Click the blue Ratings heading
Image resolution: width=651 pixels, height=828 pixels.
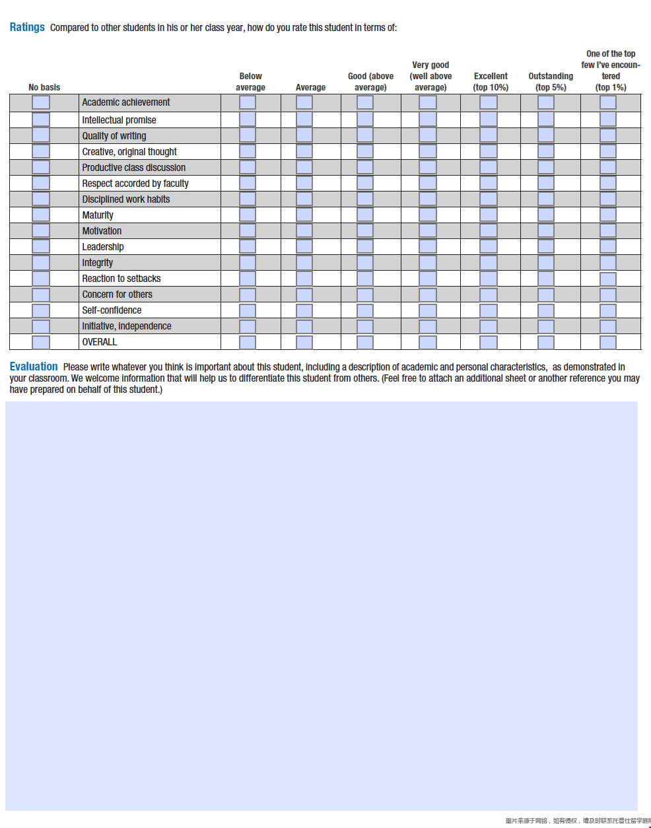(27, 27)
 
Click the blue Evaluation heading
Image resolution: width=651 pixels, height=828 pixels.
(34, 366)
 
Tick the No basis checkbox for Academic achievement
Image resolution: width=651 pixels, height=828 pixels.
(41, 102)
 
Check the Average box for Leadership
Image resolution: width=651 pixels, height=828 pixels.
(304, 246)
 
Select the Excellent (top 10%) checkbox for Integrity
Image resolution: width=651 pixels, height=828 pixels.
(489, 262)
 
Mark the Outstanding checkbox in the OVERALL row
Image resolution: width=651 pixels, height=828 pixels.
(546, 342)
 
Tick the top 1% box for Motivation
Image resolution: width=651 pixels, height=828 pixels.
(608, 230)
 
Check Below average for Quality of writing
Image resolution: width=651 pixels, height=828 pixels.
(248, 135)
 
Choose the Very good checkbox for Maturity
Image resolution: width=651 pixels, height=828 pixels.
(428, 215)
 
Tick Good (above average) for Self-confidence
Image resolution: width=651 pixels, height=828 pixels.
(365, 310)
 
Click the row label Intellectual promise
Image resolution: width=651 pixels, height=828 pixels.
(119, 120)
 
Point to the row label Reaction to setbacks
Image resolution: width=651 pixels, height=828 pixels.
(121, 279)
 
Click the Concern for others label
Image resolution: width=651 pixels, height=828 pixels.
(117, 294)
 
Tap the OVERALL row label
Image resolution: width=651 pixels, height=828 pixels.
(100, 342)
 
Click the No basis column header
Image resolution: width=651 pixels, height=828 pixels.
(44, 87)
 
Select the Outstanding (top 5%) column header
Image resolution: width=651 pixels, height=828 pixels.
(551, 81)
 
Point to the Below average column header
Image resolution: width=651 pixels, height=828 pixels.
(250, 81)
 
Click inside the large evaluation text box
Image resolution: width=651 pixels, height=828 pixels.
(322, 605)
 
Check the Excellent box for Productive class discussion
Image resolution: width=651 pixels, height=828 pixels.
(489, 167)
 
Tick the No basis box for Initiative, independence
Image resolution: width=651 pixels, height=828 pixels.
(41, 326)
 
